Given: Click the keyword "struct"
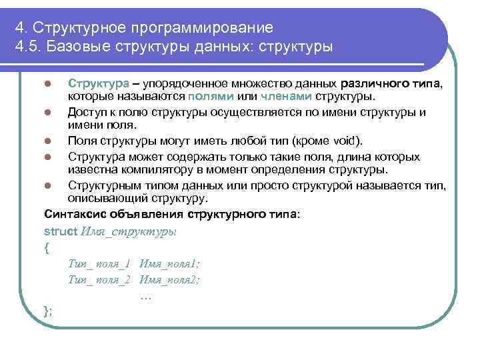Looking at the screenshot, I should pos(60,231).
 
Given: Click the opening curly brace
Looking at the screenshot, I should pos(46,248).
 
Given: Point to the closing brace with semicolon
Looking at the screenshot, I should pos(47,311).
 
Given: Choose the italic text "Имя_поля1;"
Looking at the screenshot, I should pos(169,265).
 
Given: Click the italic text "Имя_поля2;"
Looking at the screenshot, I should pos(170,280).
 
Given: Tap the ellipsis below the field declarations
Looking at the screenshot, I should pos(147,296).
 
